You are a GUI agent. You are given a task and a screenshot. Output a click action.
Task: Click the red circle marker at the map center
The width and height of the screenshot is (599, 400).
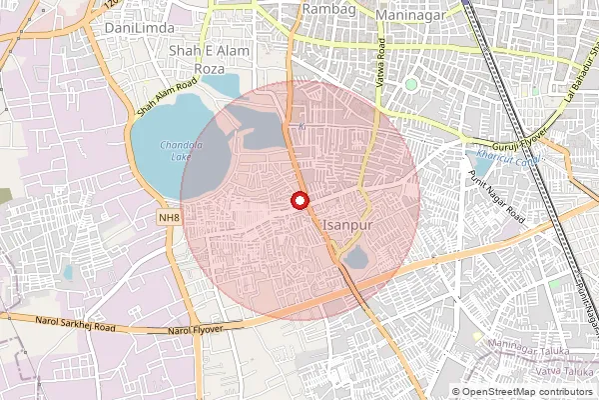point(299,201)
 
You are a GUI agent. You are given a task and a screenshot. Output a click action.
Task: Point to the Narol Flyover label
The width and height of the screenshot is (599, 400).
point(196,329)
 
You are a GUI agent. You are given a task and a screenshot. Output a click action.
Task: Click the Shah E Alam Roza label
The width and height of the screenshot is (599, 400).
point(209,59)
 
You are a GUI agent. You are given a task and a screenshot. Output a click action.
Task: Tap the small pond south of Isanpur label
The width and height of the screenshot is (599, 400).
point(355,261)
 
